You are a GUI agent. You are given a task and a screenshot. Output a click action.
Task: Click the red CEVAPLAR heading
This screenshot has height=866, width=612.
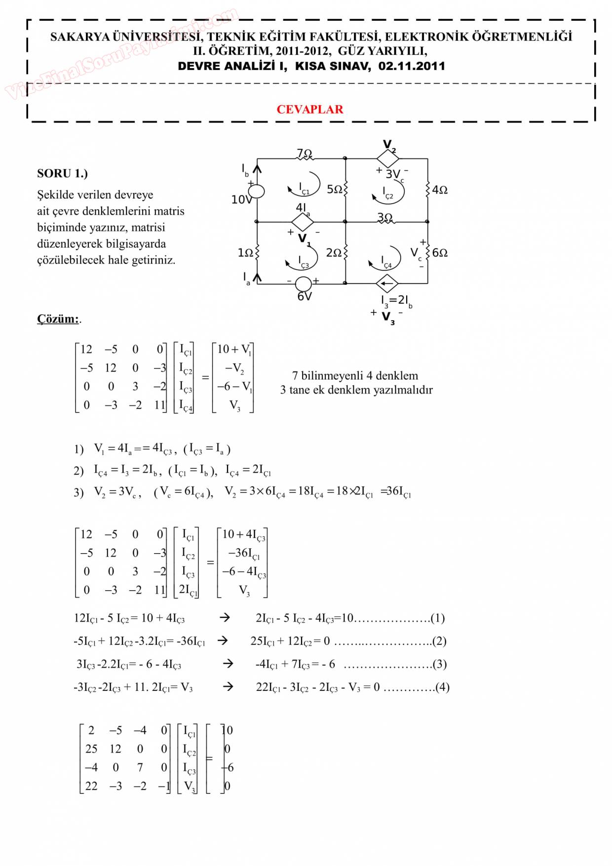point(309,110)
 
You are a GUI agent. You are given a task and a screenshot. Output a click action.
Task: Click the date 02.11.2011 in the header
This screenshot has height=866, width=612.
point(412,66)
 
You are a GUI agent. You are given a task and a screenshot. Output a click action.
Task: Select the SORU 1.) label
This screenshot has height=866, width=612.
point(62,173)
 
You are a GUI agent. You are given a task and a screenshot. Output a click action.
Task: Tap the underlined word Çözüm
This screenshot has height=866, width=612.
point(58,319)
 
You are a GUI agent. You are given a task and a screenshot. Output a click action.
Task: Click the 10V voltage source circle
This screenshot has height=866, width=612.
point(256,191)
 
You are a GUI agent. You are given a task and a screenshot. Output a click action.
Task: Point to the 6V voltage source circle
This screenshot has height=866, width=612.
point(303,284)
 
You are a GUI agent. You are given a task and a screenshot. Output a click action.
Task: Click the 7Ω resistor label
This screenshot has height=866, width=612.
point(304,153)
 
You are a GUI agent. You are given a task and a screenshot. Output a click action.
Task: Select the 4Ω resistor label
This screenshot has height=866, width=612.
point(440,190)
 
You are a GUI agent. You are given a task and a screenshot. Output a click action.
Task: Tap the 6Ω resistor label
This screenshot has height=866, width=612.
point(440,253)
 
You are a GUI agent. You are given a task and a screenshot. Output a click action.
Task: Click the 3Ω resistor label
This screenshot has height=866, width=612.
point(385,217)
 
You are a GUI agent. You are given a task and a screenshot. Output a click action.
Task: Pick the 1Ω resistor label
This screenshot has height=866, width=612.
point(245,253)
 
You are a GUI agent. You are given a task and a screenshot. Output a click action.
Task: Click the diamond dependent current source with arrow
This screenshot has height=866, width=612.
point(387,284)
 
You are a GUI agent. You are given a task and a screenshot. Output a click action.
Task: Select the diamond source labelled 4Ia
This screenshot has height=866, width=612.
point(303,222)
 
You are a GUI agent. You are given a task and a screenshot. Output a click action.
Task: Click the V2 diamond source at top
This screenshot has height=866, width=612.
point(387,158)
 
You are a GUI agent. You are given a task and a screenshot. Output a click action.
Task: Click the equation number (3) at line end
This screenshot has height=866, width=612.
point(439,664)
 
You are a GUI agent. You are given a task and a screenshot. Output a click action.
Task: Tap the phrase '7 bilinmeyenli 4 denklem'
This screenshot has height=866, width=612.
point(355,376)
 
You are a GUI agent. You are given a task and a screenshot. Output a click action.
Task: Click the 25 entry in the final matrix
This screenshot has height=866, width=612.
point(91,749)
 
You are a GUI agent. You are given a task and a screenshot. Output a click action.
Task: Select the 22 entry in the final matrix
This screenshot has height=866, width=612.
point(91,786)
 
